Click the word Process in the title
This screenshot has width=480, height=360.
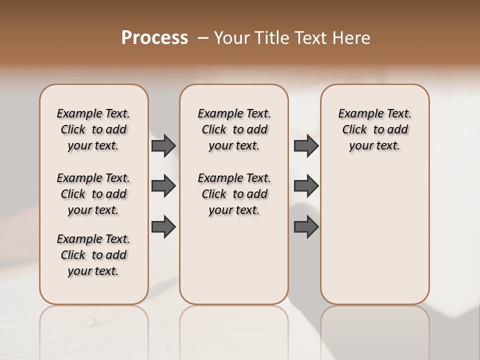(x=154, y=38)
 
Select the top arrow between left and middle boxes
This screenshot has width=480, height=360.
(x=163, y=145)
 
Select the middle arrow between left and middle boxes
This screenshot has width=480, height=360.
(x=163, y=186)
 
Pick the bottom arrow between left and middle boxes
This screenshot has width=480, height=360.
(x=163, y=226)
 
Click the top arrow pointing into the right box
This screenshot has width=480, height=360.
(x=306, y=145)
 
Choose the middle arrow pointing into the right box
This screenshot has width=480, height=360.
(x=306, y=186)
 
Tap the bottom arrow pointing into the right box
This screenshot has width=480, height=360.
(x=306, y=226)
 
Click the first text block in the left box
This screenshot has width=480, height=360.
(x=93, y=129)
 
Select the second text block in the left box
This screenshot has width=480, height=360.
(x=93, y=194)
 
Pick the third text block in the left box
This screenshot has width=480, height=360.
(x=93, y=255)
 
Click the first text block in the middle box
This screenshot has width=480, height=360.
(x=234, y=129)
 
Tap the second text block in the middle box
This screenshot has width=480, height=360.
(x=234, y=194)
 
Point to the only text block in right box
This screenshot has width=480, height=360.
(x=374, y=129)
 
